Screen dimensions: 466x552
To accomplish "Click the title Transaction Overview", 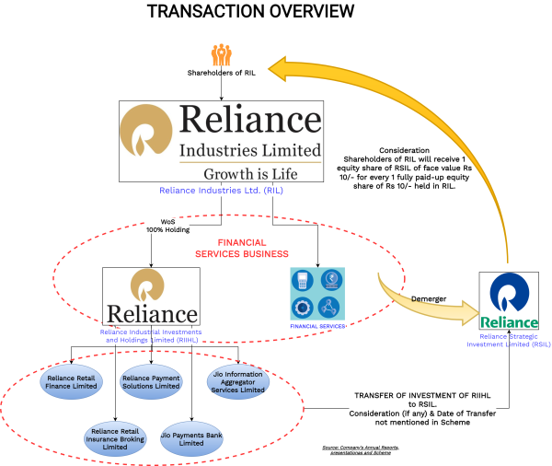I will pos(250,12).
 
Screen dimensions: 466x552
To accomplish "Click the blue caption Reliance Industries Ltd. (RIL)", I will pos(222,191).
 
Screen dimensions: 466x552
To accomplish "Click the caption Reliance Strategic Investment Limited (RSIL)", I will pos(509,343).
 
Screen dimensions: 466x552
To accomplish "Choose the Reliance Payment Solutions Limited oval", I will pos(151,380).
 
